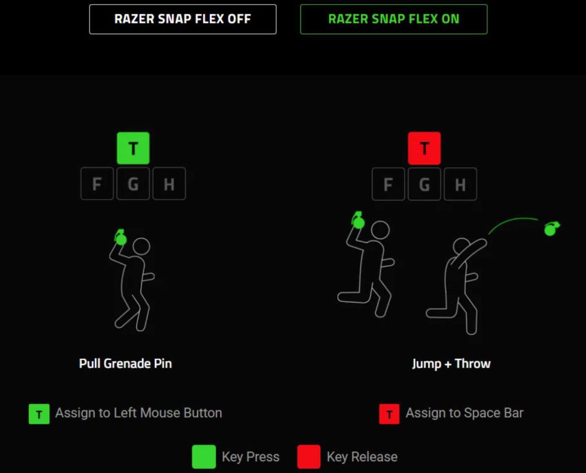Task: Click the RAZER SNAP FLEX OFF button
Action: (x=183, y=20)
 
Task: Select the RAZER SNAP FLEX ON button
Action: (x=394, y=20)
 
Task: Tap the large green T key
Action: (x=133, y=149)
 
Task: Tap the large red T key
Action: (x=424, y=149)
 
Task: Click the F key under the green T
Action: (x=97, y=183)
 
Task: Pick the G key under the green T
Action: (x=133, y=183)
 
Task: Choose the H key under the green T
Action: (x=169, y=183)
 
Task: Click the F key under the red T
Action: (x=388, y=184)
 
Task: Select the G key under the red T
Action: (x=424, y=184)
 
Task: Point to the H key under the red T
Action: (x=460, y=184)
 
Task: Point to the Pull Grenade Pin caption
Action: (x=126, y=363)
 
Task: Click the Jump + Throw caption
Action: (x=452, y=363)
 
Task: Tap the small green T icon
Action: (x=39, y=414)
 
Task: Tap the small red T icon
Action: (x=389, y=414)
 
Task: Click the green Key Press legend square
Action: (x=204, y=456)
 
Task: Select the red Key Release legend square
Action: (x=309, y=456)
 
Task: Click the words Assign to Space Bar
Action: (x=464, y=413)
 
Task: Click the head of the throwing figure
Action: (x=461, y=246)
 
